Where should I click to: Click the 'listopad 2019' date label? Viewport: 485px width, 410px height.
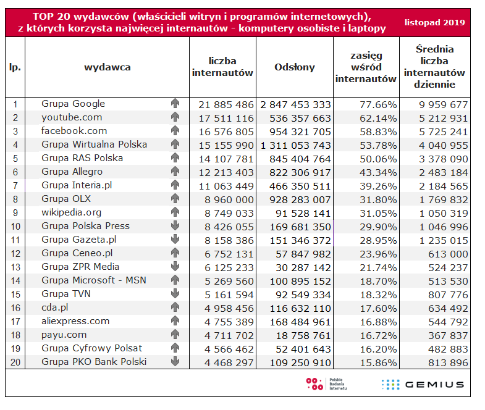(435, 22)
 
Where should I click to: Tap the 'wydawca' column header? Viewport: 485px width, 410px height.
(108, 68)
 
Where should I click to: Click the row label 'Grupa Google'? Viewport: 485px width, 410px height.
(73, 104)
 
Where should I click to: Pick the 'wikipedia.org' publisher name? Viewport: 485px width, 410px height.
(72, 212)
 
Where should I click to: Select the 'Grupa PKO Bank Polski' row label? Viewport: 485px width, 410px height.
(94, 361)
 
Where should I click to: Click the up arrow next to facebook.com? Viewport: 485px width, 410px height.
(175, 131)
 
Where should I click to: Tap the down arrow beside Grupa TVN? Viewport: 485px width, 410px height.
(175, 294)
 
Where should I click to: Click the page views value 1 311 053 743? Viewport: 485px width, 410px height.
(296, 144)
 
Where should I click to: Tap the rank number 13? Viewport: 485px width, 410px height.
(15, 267)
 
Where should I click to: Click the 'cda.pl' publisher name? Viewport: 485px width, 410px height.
(55, 307)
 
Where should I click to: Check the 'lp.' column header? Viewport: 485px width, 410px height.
(15, 68)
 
